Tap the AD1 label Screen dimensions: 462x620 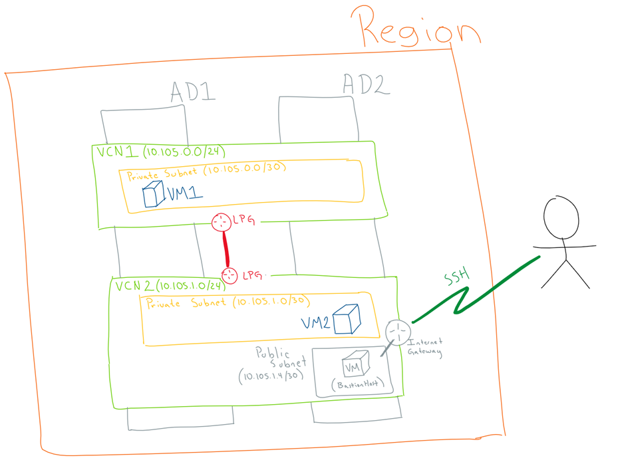click(x=193, y=91)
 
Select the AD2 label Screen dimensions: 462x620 click(x=366, y=84)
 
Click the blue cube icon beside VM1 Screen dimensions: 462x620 click(x=154, y=195)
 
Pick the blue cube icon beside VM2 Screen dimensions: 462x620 click(x=346, y=319)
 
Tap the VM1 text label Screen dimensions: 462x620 click(x=184, y=194)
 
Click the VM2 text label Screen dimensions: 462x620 click(x=316, y=323)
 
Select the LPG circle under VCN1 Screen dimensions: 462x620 click(x=222, y=223)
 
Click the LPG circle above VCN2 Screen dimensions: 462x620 click(x=230, y=275)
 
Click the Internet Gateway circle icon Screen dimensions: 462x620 click(x=398, y=332)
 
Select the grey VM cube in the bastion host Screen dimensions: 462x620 click(x=353, y=365)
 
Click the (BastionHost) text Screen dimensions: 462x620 click(x=357, y=384)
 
